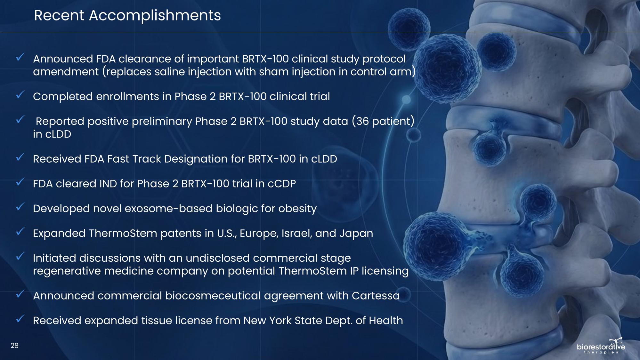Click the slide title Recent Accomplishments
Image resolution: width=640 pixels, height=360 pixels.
coord(127,16)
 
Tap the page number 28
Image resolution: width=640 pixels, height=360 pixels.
coord(14,346)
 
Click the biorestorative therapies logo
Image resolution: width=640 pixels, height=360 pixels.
coord(601,346)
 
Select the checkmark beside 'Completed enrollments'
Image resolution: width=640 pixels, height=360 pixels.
coord(20,95)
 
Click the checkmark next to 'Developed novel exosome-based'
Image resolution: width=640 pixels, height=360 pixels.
coord(20,207)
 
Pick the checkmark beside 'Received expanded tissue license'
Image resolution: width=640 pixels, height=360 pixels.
coord(20,319)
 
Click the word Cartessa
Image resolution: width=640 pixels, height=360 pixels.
coord(376,296)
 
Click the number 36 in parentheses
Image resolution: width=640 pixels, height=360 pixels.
coord(362,121)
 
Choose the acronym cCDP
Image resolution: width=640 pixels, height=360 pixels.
coord(282,184)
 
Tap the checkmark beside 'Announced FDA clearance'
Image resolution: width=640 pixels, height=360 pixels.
coord(20,58)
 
